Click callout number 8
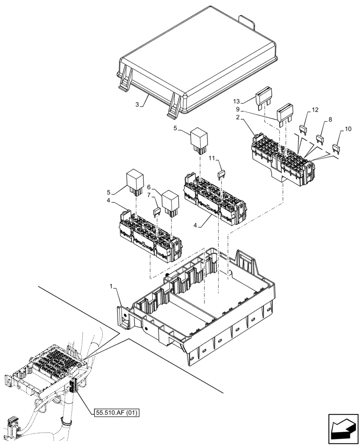(330, 120)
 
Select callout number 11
(212, 158)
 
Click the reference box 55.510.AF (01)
(117, 413)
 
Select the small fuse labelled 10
(337, 148)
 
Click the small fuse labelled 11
(221, 174)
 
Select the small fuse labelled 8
(320, 139)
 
